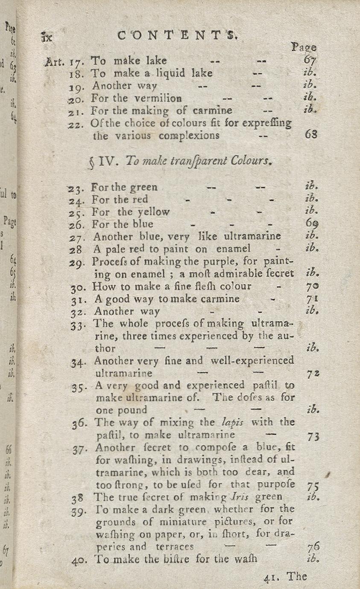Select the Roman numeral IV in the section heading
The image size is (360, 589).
[105, 162]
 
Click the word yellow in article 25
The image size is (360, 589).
[150, 212]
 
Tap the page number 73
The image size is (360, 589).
[313, 437]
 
